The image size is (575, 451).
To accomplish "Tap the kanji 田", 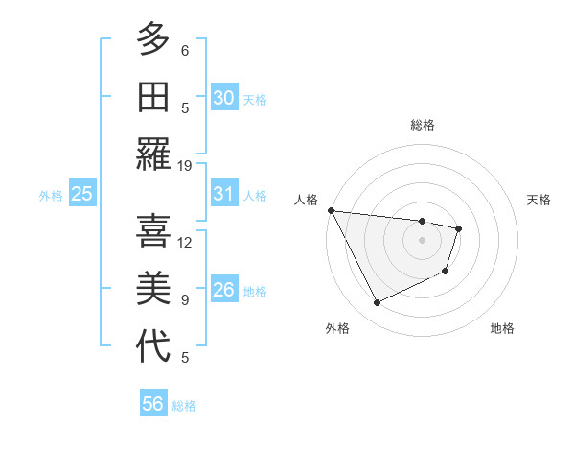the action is (153, 97).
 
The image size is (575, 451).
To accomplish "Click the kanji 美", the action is (153, 289).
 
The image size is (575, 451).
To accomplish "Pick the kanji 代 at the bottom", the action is (153, 346).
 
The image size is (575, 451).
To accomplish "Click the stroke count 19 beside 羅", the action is (185, 166).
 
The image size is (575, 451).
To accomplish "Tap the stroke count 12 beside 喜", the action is (185, 243).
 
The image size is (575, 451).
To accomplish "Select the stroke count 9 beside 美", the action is (185, 300).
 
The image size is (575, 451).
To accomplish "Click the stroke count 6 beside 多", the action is (185, 51).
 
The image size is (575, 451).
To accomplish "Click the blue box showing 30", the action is (223, 98).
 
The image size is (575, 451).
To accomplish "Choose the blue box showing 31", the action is (223, 194).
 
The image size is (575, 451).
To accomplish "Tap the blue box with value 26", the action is (223, 290).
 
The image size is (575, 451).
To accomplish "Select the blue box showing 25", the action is (81, 194).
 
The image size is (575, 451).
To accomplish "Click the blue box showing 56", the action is (152, 404).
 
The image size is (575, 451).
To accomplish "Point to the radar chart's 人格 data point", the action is (331, 210).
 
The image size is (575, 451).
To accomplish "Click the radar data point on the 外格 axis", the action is (377, 303).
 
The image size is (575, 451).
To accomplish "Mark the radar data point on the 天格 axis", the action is (460, 228).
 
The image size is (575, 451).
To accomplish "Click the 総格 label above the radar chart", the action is (423, 125).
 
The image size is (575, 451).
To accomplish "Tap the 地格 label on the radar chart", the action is (502, 328).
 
